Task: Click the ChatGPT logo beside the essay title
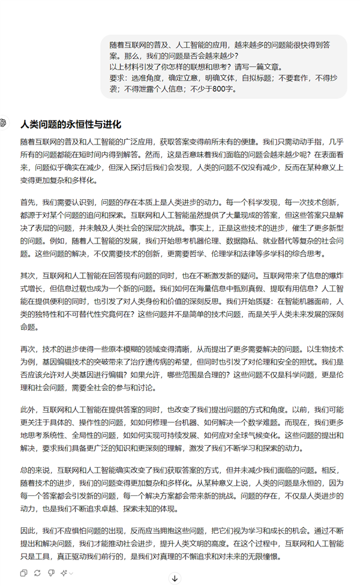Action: (x=4, y=122)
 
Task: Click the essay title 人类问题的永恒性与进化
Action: (x=70, y=125)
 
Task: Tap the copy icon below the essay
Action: (x=24, y=573)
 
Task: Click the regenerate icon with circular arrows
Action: (x=37, y=573)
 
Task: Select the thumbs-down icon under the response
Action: (x=50, y=573)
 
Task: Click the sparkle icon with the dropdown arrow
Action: (x=65, y=573)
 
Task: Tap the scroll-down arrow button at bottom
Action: (x=175, y=578)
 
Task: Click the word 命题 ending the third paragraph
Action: (x=28, y=327)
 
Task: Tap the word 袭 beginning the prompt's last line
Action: (x=113, y=89)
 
